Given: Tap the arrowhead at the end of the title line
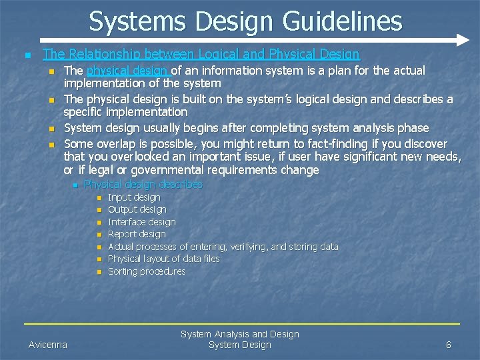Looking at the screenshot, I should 464,41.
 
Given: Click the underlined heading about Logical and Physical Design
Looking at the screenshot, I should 201,55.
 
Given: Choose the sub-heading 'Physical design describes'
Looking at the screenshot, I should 143,185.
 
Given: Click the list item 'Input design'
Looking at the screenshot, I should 134,197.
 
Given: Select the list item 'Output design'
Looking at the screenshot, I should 137,209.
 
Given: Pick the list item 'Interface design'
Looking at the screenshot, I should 142,222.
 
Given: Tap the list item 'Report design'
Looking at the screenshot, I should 137,234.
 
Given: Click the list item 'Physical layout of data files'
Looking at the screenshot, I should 163,259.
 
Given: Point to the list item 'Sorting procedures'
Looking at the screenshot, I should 147,271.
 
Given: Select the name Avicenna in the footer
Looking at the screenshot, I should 48,345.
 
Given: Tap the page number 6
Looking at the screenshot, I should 449,345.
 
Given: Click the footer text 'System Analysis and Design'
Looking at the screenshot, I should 240,334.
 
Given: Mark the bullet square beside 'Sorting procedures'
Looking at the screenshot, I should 98,272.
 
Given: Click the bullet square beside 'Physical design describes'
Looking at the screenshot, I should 77,185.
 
